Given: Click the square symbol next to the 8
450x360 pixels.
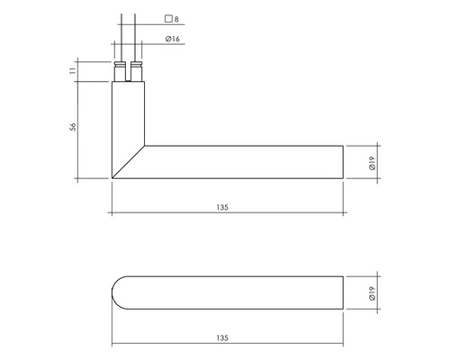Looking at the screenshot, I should point(168,18).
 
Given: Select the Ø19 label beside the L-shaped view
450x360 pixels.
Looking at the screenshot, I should point(372,162).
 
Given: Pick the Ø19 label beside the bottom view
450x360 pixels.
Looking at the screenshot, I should point(372,292).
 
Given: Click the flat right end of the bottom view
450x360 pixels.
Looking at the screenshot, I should point(344,292).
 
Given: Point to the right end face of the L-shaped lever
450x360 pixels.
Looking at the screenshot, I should point(344,162).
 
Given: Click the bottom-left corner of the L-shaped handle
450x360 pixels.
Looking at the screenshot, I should point(111,178).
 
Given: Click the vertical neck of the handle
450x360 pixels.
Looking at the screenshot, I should point(127,112).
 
